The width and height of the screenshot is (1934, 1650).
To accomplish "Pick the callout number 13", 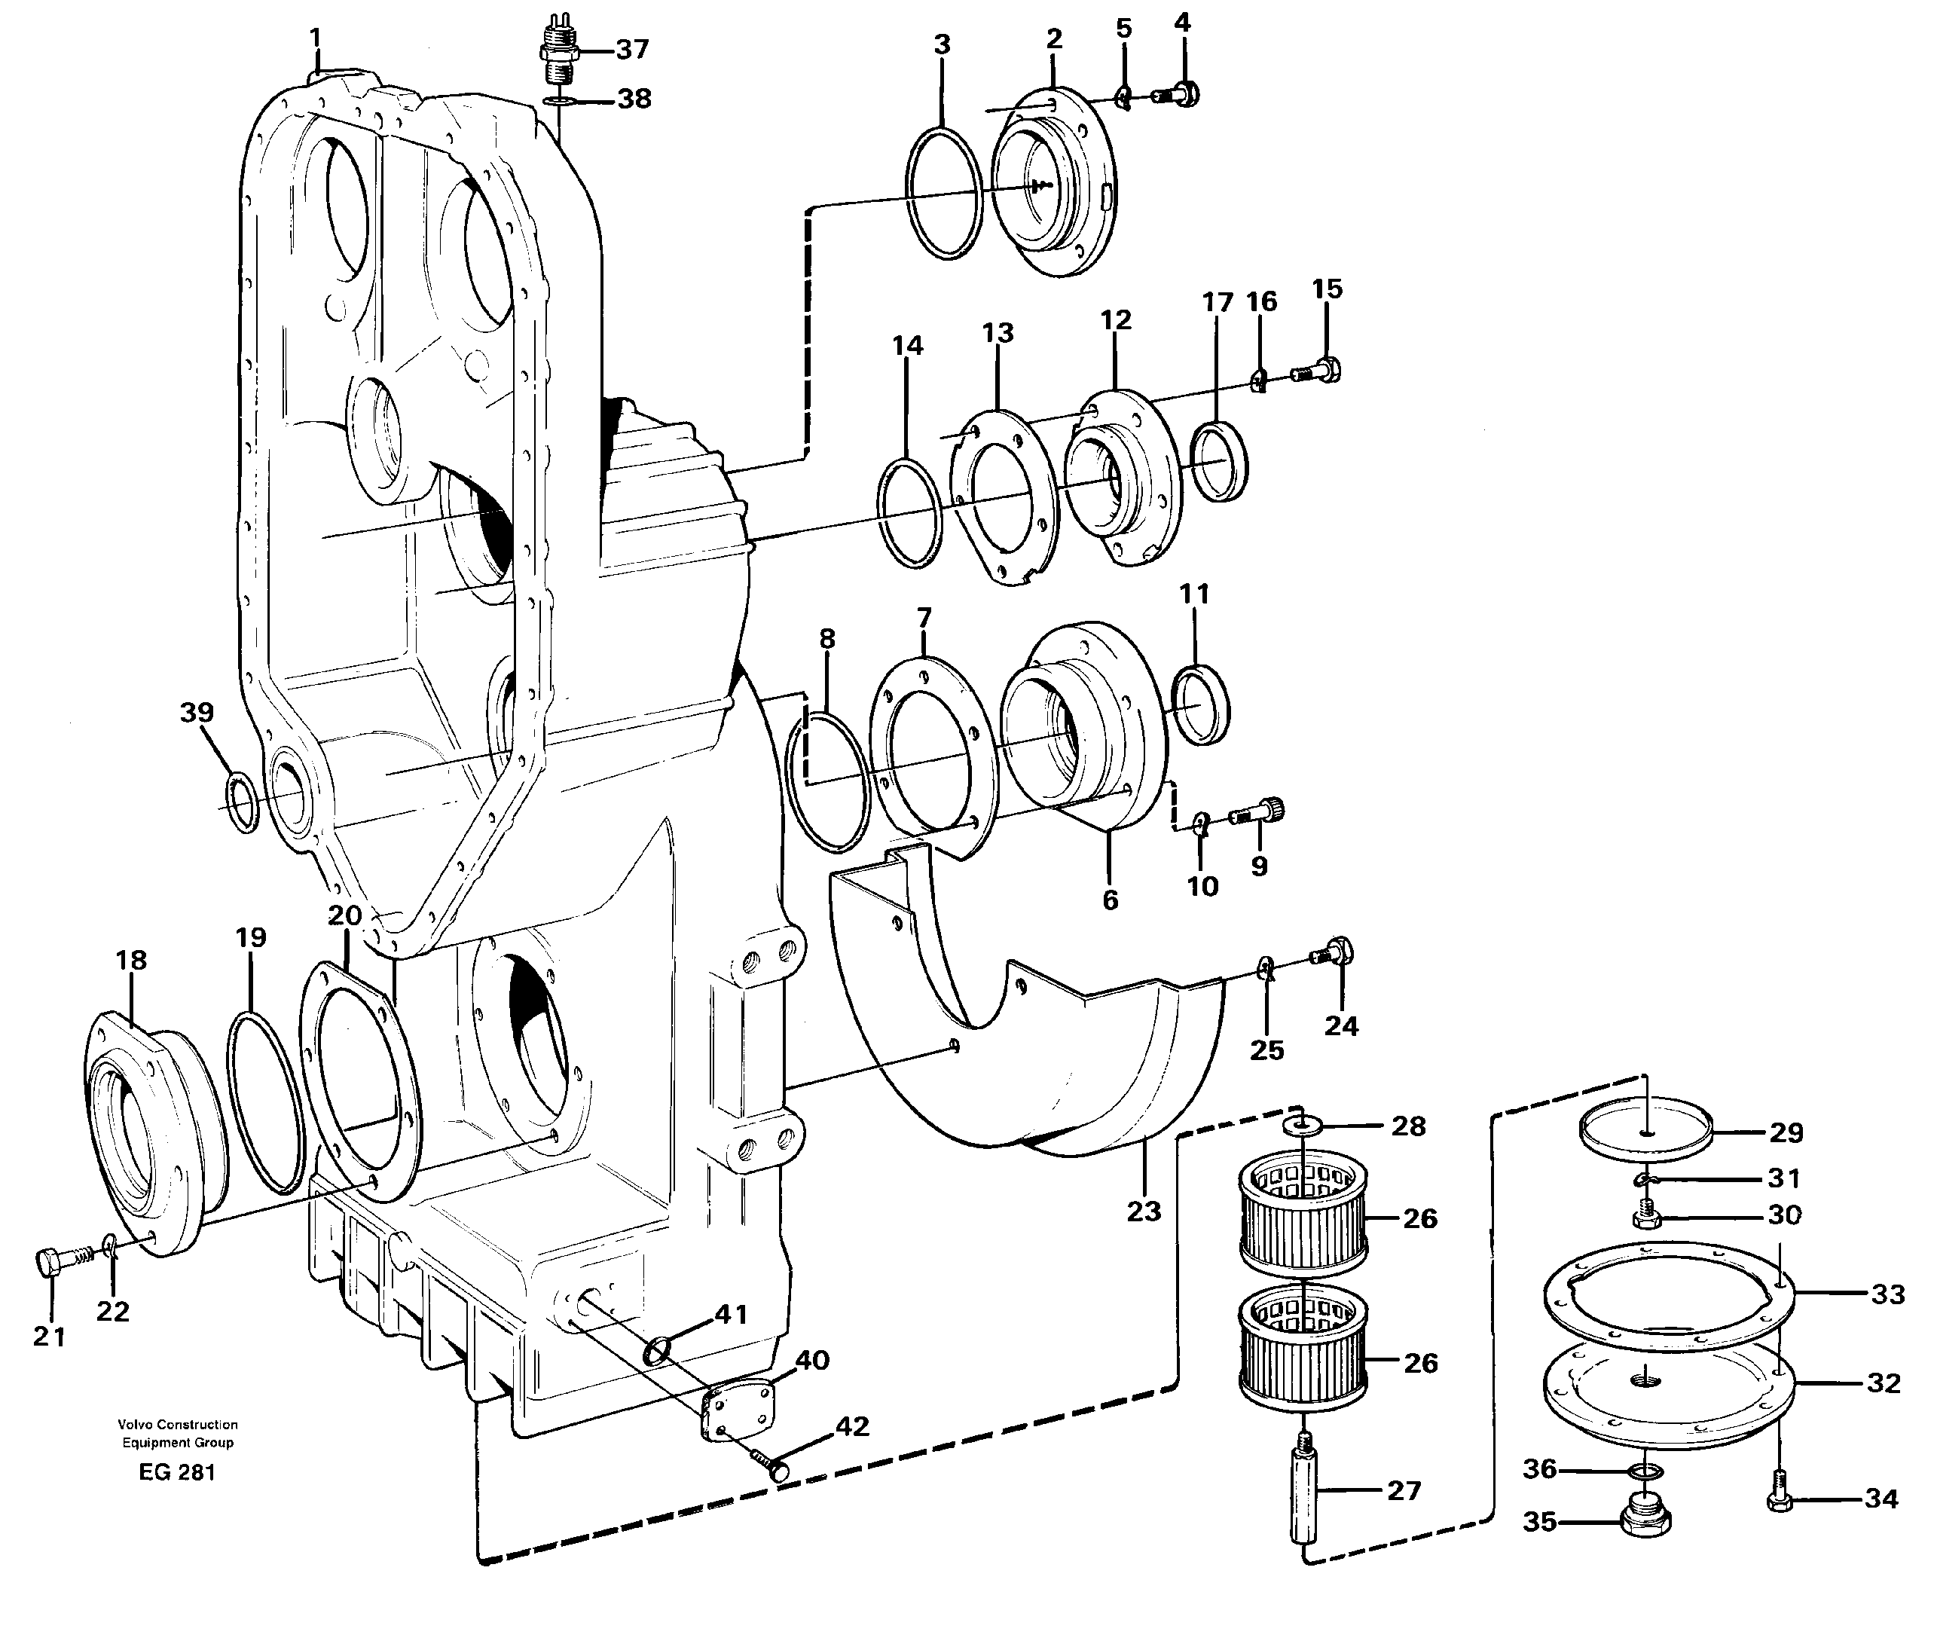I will click(997, 333).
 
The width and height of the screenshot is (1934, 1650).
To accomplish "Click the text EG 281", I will click(176, 1473).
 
